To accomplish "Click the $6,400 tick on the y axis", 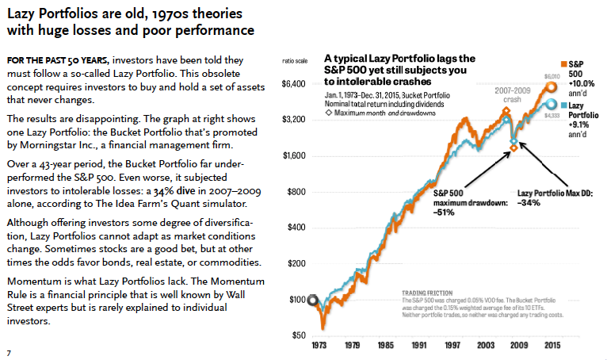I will (x=295, y=84).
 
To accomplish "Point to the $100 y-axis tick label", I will (x=297, y=300).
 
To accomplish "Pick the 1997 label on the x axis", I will (x=452, y=346).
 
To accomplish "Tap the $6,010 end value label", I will (x=551, y=75).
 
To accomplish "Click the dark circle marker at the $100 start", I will (x=314, y=300).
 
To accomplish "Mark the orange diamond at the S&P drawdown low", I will (x=513, y=148).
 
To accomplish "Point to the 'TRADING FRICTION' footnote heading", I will (x=426, y=292).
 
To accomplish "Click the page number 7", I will (x=8, y=351).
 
